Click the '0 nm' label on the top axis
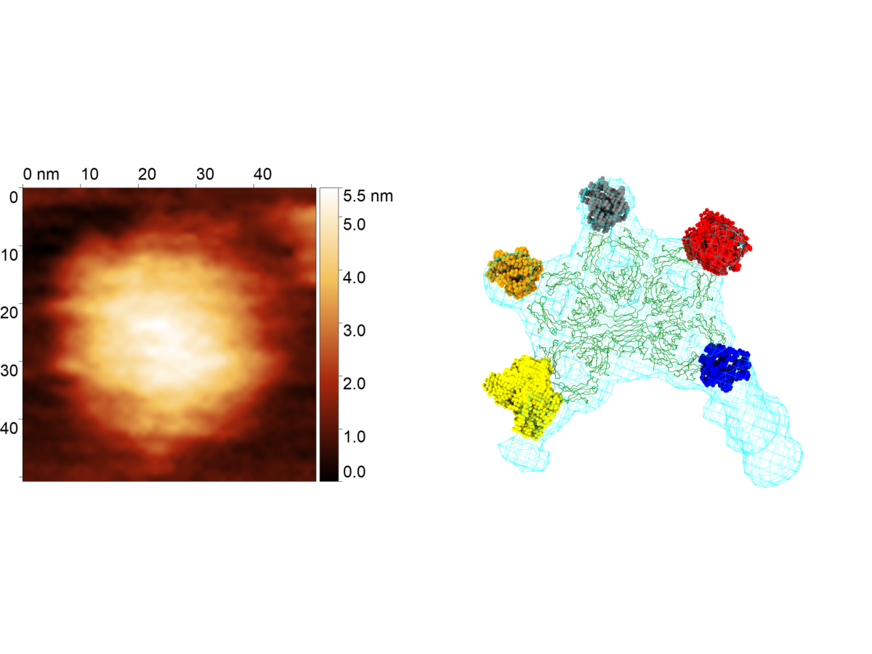pos(41,174)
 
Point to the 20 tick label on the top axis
pos(147,174)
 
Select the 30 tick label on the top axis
pos(205,174)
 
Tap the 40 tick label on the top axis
pos(262,174)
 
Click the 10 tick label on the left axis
pos(9,254)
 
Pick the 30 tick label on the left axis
pos(9,370)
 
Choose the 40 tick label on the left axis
pos(9,428)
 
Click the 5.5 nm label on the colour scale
pos(368,195)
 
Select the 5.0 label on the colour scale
pos(355,225)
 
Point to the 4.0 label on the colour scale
pos(355,277)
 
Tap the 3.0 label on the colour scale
pos(355,331)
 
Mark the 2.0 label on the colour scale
pos(355,383)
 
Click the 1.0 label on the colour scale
pos(355,437)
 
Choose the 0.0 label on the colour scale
pos(355,472)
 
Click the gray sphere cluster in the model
pos(605,203)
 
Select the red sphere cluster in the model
pos(716,242)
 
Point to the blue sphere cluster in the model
pos(724,367)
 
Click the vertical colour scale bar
pos(329,334)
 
